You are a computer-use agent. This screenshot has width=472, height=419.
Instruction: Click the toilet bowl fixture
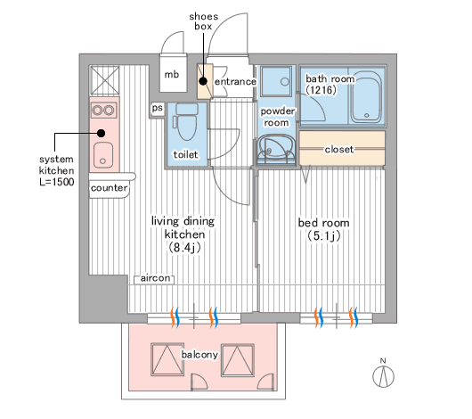click(x=187, y=122)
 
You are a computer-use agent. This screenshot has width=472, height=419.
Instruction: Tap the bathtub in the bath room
click(x=366, y=97)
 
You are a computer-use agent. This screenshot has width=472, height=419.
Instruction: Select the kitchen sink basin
click(x=103, y=155)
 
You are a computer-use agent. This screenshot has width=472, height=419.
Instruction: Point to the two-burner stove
click(x=103, y=111)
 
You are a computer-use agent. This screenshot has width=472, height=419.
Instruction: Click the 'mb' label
click(x=172, y=74)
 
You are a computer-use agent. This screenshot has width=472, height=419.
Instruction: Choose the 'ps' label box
click(x=157, y=108)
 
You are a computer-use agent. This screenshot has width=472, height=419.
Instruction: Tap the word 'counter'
click(x=109, y=188)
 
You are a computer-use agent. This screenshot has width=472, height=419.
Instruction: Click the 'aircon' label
click(x=155, y=278)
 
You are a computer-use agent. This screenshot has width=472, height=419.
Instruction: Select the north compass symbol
click(x=383, y=374)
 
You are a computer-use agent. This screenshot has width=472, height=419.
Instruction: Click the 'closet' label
click(x=339, y=149)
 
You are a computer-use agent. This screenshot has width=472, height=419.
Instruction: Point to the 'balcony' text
click(x=199, y=355)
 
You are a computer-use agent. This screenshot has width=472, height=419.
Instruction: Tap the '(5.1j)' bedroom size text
click(x=324, y=236)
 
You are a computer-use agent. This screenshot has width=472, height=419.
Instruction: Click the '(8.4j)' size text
click(x=184, y=248)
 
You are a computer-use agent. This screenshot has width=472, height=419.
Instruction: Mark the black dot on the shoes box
click(x=203, y=81)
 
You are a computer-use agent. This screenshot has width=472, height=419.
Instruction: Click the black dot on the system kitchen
click(x=102, y=133)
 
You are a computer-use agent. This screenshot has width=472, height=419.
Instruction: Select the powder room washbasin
click(x=275, y=149)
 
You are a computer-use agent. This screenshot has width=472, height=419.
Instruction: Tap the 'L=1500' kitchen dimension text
click(x=57, y=182)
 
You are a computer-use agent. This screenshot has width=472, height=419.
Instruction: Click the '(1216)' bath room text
click(x=321, y=90)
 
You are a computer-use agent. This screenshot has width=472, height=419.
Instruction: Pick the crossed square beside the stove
click(x=105, y=80)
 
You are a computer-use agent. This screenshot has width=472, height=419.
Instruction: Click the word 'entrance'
click(x=235, y=82)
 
